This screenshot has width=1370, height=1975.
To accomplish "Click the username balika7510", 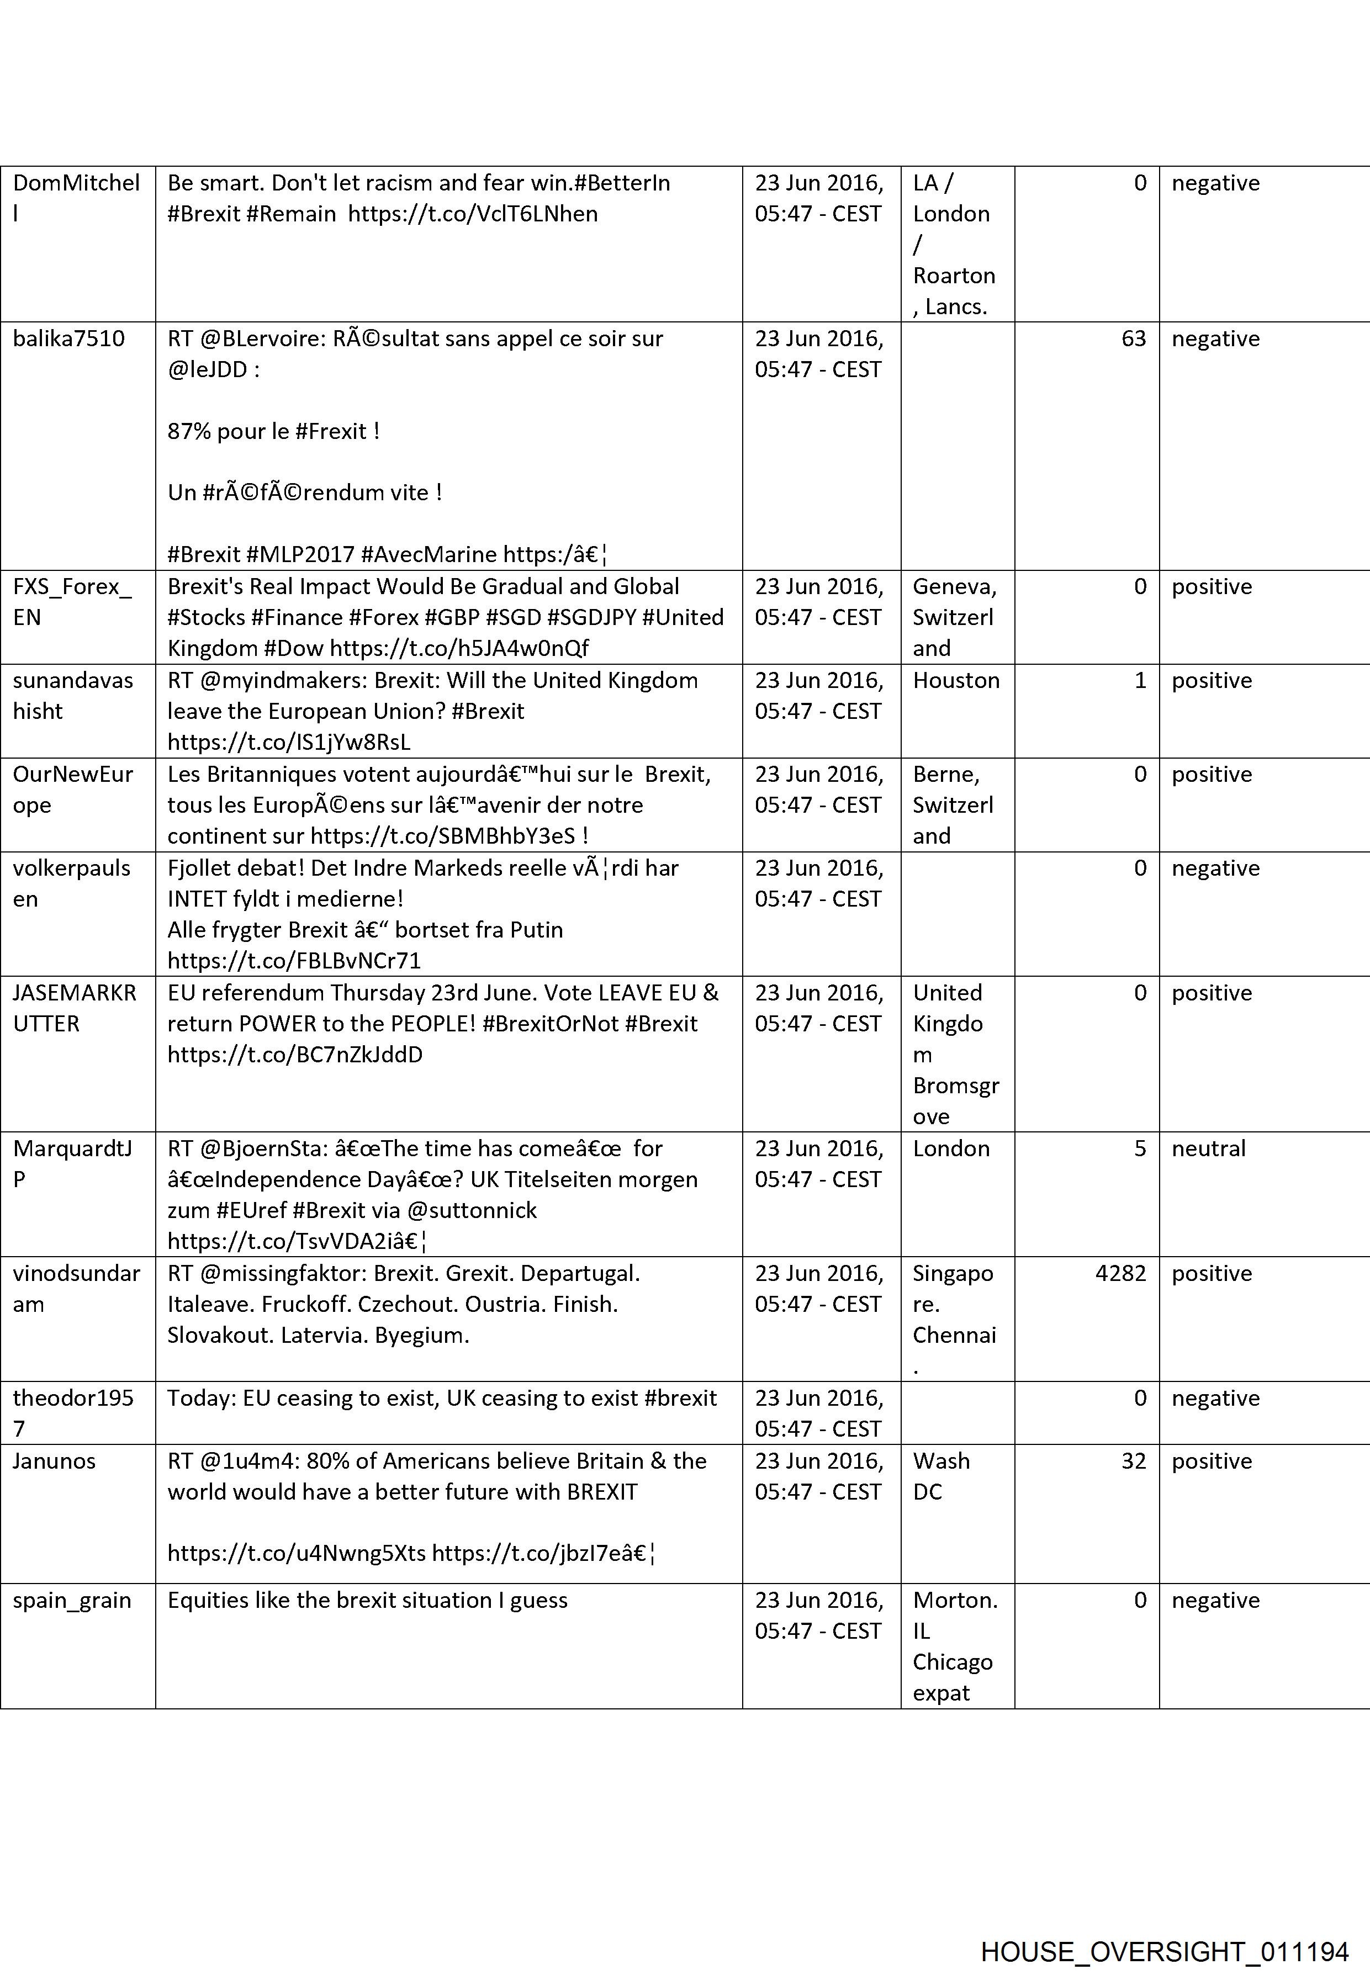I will click(68, 338).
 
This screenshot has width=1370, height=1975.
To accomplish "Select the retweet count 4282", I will click(1120, 1273).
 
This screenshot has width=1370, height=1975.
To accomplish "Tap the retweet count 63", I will click(1133, 338).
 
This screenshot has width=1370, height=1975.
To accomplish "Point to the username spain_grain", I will click(72, 1601).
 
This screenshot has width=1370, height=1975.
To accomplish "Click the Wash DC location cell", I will click(941, 1476).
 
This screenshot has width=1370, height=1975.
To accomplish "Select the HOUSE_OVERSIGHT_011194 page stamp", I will click(1165, 1928).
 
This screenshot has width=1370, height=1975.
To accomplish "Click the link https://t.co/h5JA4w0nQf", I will click(459, 648).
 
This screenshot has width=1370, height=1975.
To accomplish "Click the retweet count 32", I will click(1133, 1461).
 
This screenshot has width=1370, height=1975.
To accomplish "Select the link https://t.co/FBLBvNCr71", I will click(294, 961).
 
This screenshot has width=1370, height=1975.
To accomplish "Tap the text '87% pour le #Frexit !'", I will click(273, 431).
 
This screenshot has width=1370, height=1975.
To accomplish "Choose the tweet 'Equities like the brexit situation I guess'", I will click(367, 1601).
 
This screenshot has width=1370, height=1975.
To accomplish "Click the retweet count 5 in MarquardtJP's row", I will click(1139, 1148).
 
